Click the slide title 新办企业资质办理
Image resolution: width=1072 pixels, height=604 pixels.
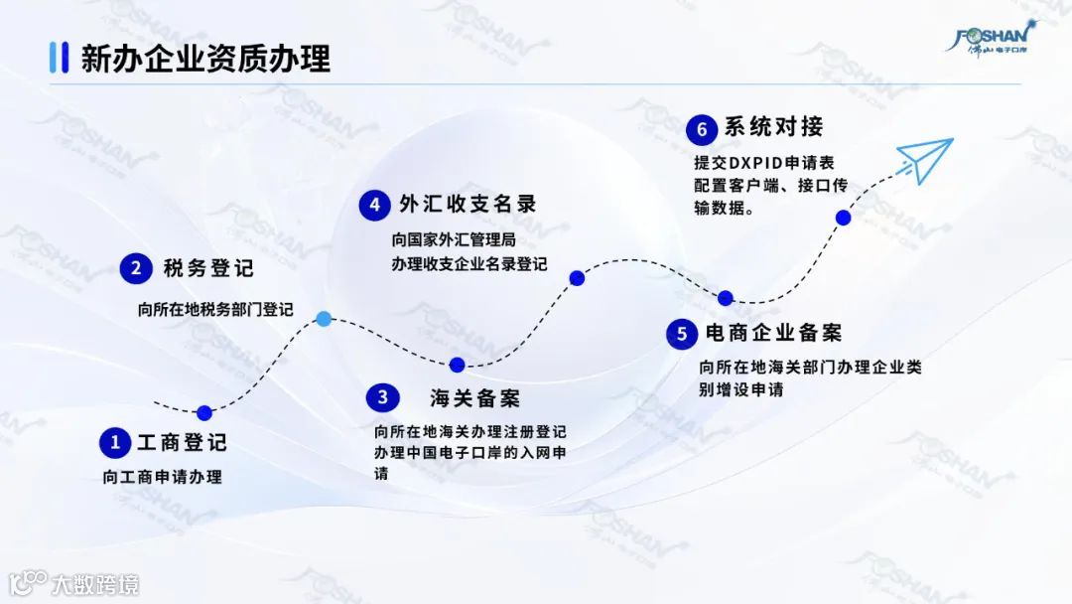click(x=205, y=59)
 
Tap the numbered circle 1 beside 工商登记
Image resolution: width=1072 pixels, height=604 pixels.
click(x=116, y=442)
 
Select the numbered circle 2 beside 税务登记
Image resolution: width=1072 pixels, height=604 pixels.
click(x=136, y=268)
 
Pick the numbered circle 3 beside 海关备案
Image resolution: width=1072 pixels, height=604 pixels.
click(x=382, y=398)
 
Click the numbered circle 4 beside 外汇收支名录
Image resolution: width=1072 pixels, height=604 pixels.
click(x=374, y=206)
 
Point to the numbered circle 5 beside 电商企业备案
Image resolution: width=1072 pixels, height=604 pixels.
click(x=681, y=334)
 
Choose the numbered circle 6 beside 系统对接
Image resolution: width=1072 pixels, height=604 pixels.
click(x=701, y=129)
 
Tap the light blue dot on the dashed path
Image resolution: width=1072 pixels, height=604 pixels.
click(x=324, y=319)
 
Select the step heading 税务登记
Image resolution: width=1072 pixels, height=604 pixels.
click(x=208, y=268)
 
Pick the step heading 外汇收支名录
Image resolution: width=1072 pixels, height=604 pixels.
click(x=467, y=205)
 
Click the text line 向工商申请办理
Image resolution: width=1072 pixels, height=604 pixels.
click(x=162, y=477)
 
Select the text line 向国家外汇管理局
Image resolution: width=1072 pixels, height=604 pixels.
click(x=454, y=239)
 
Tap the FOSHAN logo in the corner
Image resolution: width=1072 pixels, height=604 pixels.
click(x=992, y=37)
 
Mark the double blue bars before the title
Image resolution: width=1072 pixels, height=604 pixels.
click(x=59, y=58)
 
